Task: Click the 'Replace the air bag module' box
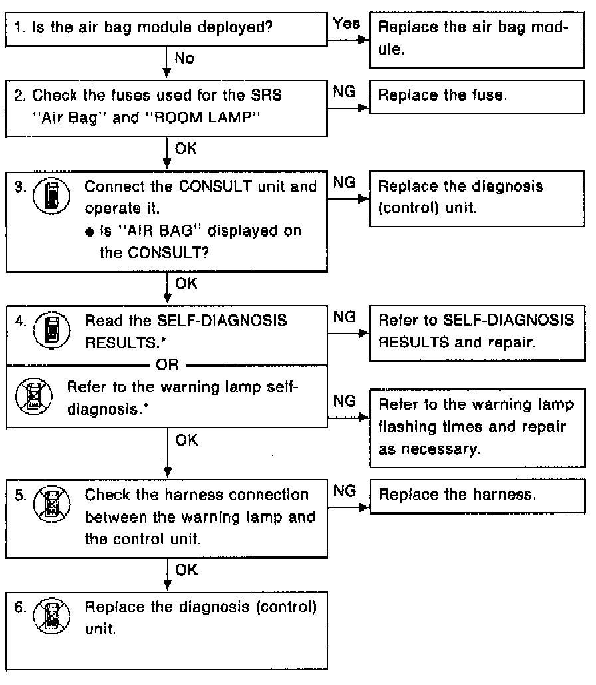[478, 41]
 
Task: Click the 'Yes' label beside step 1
[347, 24]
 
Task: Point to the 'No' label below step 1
[184, 59]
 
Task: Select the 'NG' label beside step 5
[342, 491]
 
